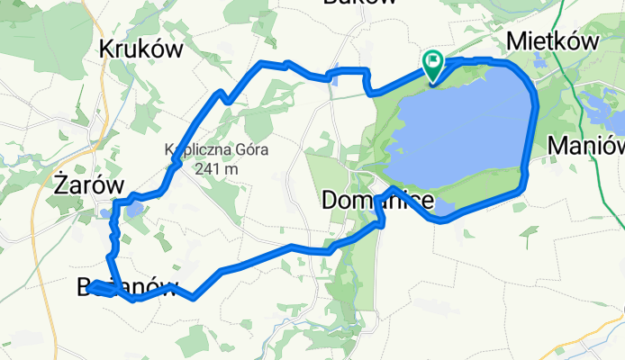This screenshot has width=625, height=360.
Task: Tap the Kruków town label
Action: [143, 48]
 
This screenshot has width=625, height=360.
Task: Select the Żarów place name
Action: [86, 184]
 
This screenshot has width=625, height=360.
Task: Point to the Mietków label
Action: [553, 40]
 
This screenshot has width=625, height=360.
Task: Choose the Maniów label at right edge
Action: [586, 145]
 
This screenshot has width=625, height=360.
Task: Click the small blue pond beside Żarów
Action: [133, 210]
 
